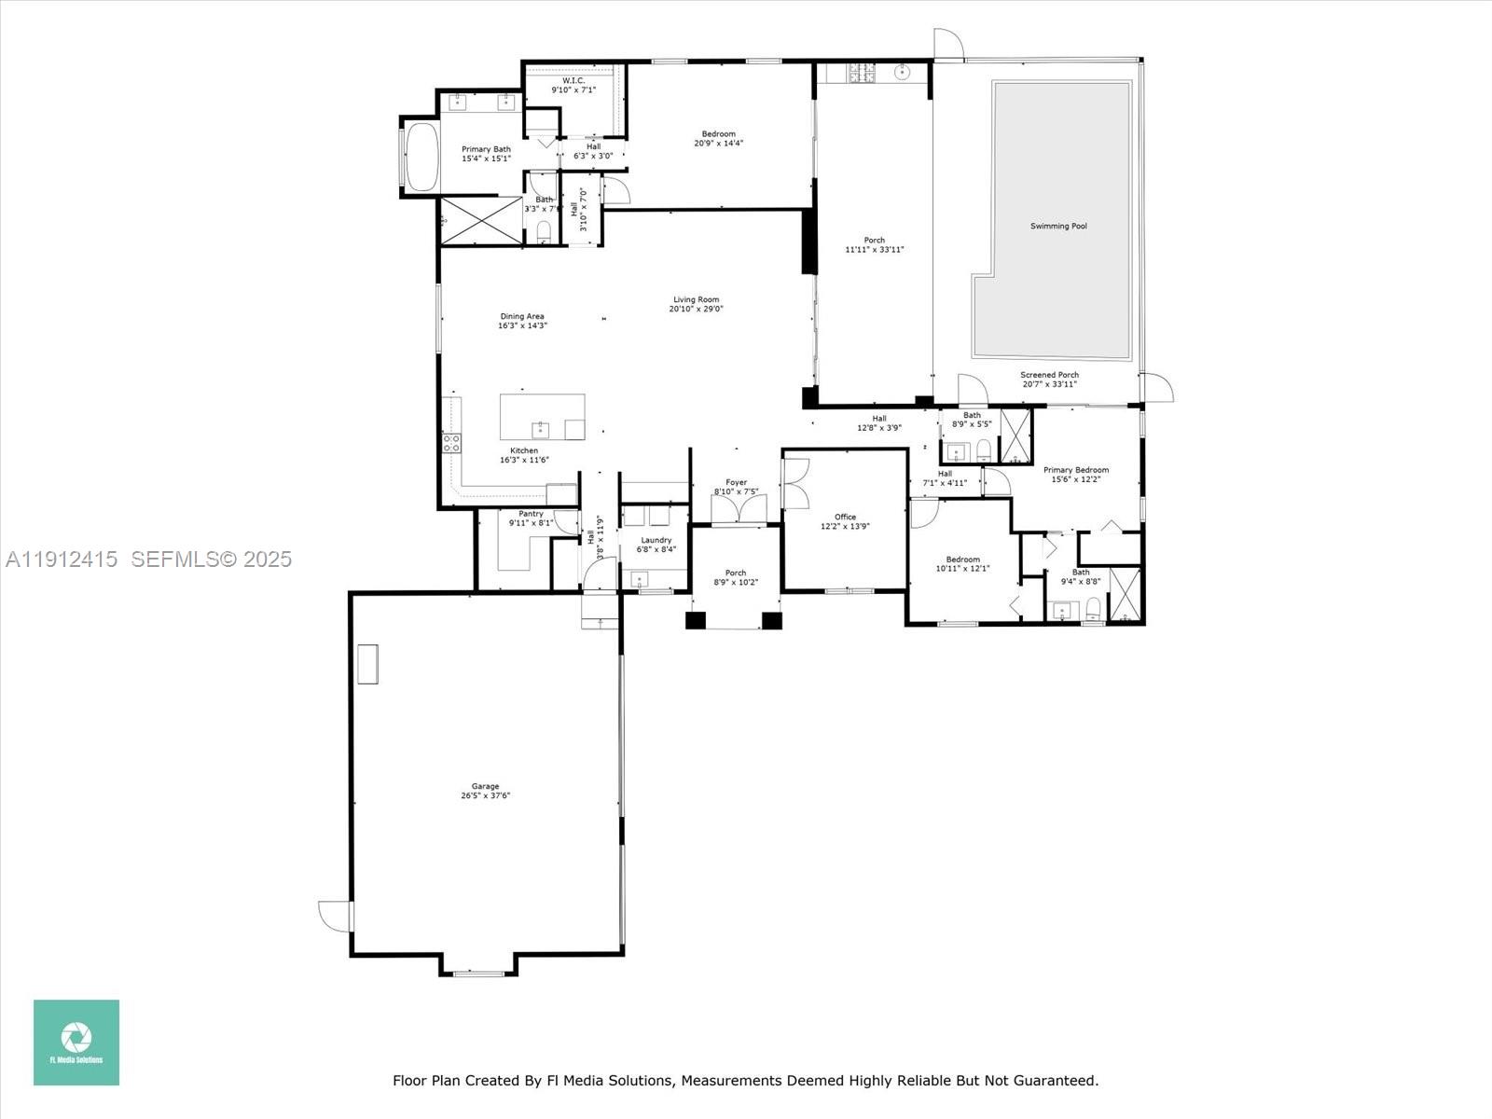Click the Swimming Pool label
pos(1058,226)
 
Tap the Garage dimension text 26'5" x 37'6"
pos(485,796)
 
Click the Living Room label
pos(696,299)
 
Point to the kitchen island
pos(543,417)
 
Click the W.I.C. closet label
pos(573,80)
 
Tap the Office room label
pos(845,517)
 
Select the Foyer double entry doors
pos(739,509)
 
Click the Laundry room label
pos(656,540)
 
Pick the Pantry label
pos(531,514)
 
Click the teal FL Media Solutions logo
pos(76,1043)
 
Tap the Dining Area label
pos(522,316)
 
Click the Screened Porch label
pos(1049,375)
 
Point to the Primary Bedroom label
pos(1076,470)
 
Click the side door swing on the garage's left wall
pos(334,915)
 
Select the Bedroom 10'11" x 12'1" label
pos(962,559)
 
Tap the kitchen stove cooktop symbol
pos(451,443)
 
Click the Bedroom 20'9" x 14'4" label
pos(718,134)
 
